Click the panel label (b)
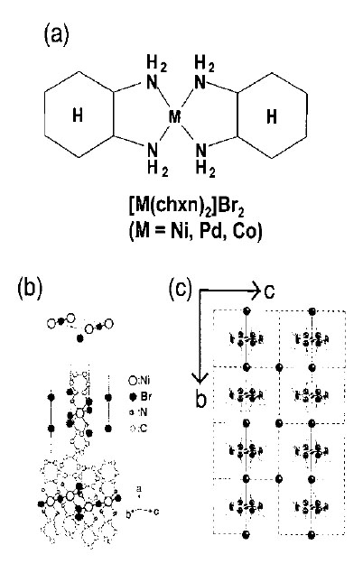31,288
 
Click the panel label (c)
181,288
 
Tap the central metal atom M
174,117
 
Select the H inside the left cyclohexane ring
78,115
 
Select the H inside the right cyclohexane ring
272,116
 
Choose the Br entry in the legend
140,396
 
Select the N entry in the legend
139,412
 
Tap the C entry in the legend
138,429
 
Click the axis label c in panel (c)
269,291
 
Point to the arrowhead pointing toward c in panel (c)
256,290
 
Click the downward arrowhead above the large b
200,378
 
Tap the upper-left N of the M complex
152,81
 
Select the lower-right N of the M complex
201,151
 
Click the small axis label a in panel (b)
139,488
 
